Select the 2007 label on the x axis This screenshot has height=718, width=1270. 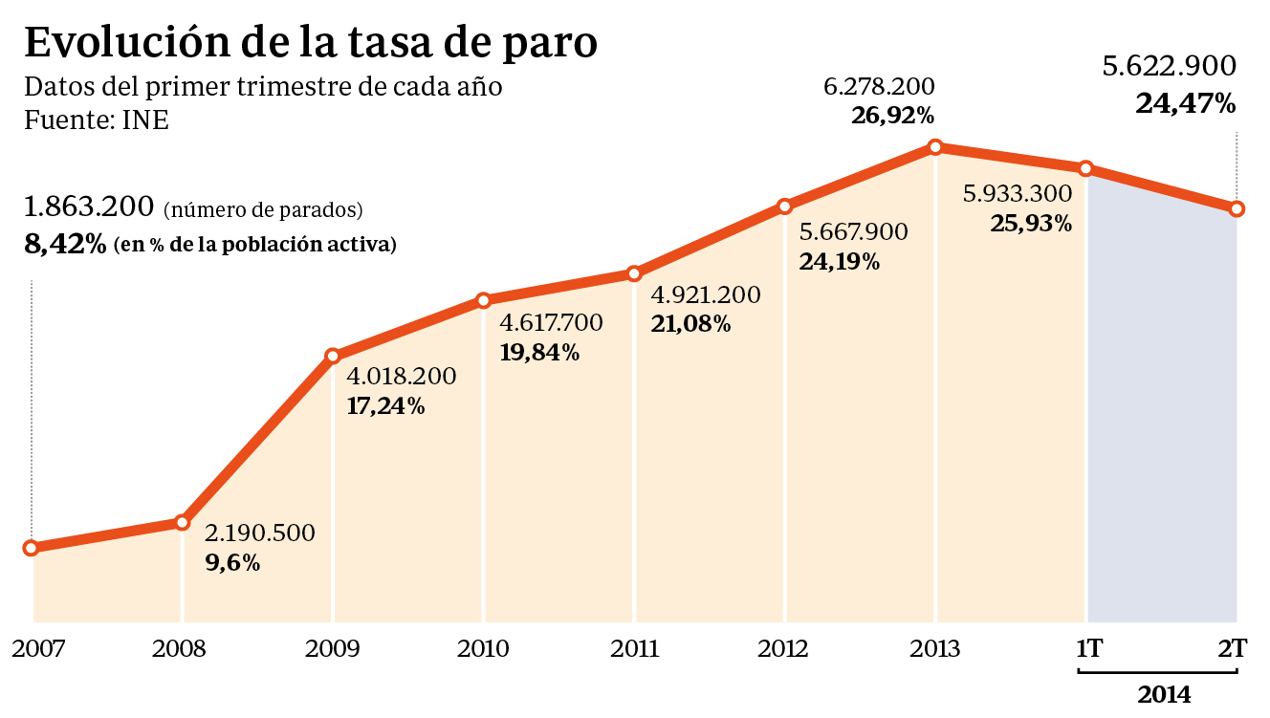(x=38, y=649)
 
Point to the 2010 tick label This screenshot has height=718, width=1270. (x=483, y=649)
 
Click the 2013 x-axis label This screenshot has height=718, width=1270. (x=935, y=649)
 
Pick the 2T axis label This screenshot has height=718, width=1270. (x=1233, y=649)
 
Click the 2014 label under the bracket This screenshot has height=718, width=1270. (x=1165, y=695)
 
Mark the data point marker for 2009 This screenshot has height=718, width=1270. (x=332, y=356)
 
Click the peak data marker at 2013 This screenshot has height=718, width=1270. (x=935, y=147)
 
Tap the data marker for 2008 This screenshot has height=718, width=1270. (x=182, y=522)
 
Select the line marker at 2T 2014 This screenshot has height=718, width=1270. (x=1237, y=208)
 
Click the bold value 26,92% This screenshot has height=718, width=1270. (x=892, y=117)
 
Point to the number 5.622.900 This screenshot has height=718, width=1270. (x=1169, y=66)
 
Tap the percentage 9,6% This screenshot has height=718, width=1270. (x=233, y=563)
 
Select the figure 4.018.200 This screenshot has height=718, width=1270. (x=401, y=377)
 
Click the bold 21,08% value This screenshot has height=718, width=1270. (x=690, y=325)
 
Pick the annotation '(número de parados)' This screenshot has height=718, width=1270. (x=263, y=209)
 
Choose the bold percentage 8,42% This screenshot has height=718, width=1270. (x=65, y=244)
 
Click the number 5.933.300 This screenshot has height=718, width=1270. (x=1018, y=194)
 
